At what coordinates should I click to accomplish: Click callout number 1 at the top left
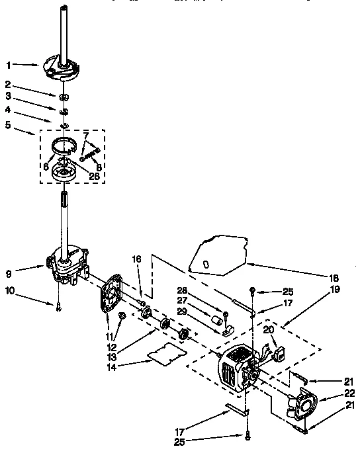(9, 64)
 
